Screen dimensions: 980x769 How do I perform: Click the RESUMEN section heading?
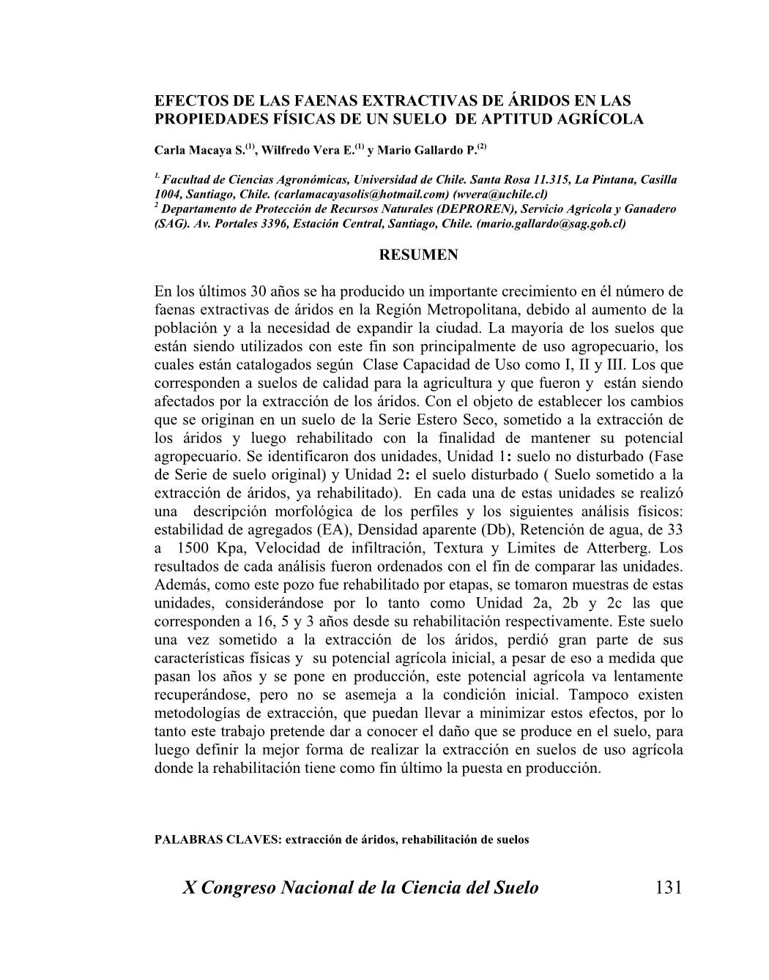tap(419, 255)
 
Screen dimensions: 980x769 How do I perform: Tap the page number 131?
tap(669, 888)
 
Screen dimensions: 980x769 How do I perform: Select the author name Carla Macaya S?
tap(199, 151)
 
